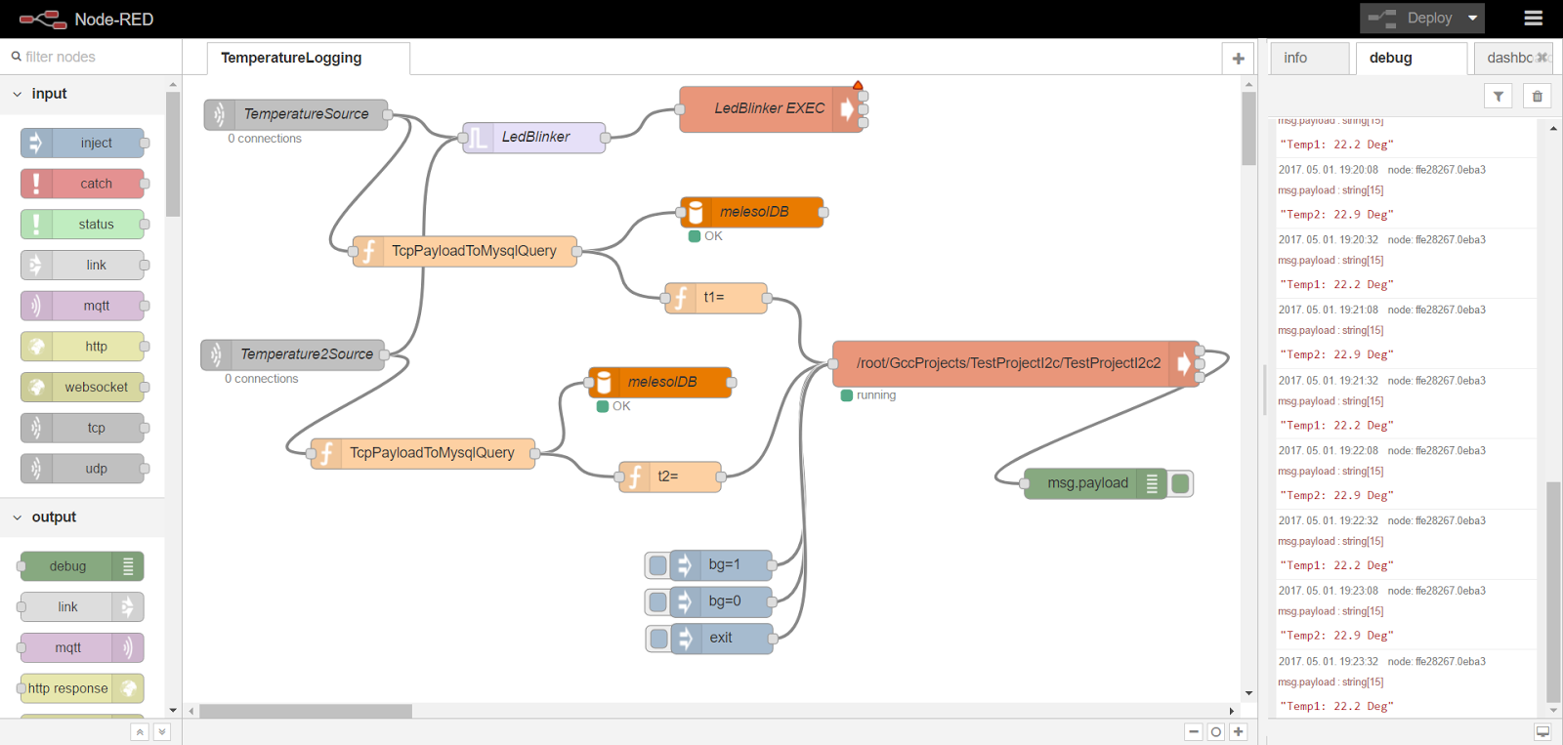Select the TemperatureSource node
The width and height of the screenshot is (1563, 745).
[x=305, y=114]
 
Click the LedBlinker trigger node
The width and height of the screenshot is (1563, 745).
[x=534, y=137]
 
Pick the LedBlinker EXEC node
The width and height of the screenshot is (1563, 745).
[x=768, y=108]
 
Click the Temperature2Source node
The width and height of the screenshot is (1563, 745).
[x=305, y=354]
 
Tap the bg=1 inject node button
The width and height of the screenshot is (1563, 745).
[x=657, y=564]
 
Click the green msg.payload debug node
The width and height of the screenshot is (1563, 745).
[x=1086, y=483]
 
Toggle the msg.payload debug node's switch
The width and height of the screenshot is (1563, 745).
[x=1180, y=483]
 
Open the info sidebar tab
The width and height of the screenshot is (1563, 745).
[x=1295, y=58]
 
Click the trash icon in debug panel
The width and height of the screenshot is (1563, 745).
[x=1537, y=96]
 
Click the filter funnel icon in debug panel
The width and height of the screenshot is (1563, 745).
[x=1498, y=96]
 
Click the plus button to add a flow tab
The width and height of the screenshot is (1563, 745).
[x=1238, y=59]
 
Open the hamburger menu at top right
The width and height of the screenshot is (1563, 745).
[x=1533, y=18]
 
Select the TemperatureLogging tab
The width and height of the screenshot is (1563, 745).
[x=291, y=58]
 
